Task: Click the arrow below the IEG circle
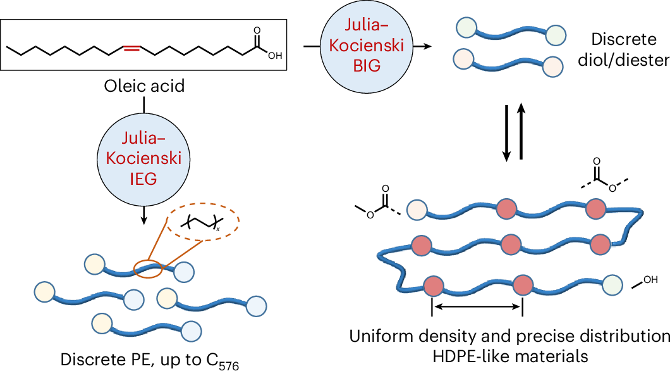(x=145, y=215)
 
